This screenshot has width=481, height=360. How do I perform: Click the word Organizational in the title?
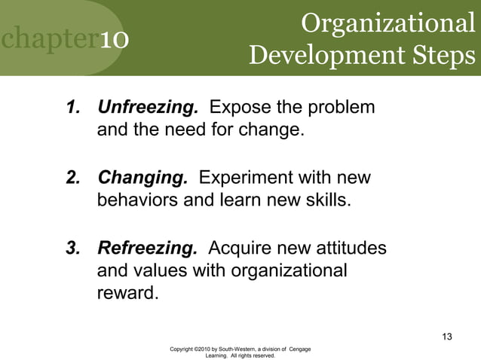[388, 23]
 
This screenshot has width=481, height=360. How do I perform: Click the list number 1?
[73, 108]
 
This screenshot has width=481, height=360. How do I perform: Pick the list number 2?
[73, 178]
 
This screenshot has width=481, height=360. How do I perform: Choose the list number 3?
[73, 249]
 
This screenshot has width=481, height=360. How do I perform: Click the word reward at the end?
[127, 292]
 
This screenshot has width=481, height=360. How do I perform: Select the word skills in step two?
[328, 202]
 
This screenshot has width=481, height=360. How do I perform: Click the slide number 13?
[446, 336]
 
